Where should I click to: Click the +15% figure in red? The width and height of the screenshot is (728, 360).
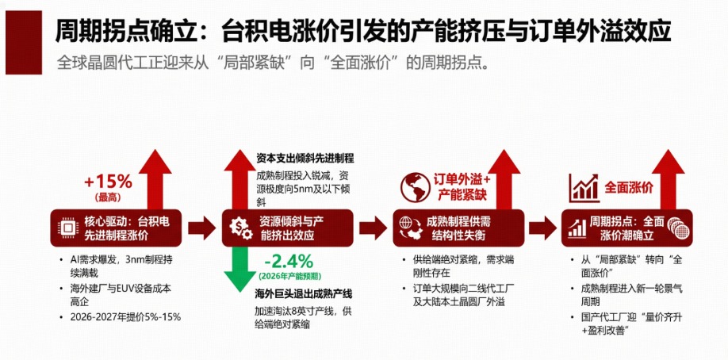click(x=108, y=182)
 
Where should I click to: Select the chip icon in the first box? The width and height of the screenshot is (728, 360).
click(x=67, y=228)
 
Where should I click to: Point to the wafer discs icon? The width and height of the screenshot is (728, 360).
click(x=678, y=228)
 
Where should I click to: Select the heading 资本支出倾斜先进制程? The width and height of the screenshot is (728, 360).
click(x=305, y=159)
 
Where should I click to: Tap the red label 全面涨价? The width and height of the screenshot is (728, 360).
click(x=629, y=188)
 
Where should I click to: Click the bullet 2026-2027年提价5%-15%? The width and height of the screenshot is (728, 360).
click(x=121, y=317)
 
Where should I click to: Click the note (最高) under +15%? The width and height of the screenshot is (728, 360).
click(x=108, y=197)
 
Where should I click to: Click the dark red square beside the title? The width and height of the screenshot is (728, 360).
click(x=24, y=43)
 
